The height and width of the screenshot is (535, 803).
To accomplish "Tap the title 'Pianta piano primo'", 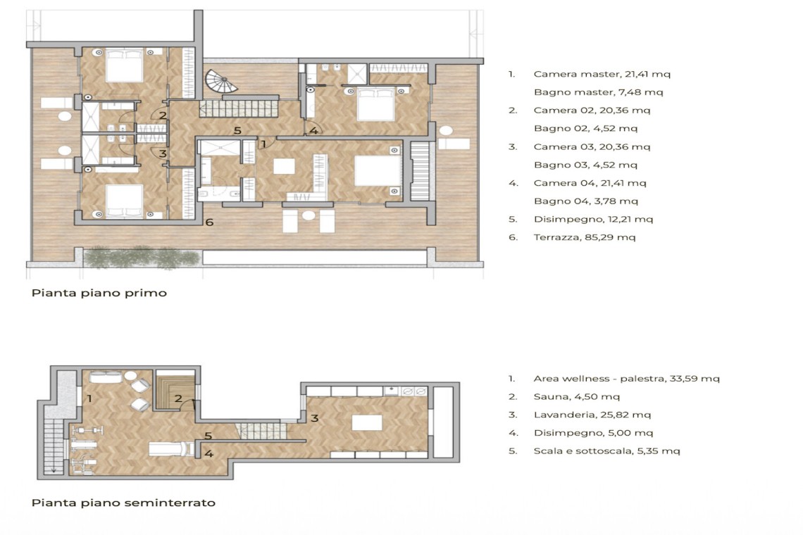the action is tap(99, 294).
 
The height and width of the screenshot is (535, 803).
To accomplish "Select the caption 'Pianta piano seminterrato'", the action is tap(123, 503).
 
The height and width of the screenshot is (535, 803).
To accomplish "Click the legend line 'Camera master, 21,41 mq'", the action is tap(602, 74).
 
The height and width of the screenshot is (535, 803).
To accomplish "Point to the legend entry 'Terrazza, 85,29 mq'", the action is tap(585, 237).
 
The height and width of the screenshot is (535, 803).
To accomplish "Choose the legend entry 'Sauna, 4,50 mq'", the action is tap(577, 397).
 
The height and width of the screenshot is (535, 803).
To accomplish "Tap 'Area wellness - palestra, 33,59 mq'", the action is tap(626, 379).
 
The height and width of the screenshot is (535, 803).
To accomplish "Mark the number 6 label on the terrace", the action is tap(209, 222).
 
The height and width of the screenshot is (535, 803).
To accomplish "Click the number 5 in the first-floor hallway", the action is tap(237, 130).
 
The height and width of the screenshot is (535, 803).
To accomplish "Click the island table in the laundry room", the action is tap(367, 422).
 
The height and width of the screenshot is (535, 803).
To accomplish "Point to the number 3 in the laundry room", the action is tap(314, 417).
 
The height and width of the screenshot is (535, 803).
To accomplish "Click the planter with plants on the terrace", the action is tap(142, 257).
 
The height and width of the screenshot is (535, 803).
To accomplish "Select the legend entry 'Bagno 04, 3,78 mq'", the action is tap(586, 201).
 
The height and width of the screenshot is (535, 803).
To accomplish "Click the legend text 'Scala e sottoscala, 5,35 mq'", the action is tap(607, 451).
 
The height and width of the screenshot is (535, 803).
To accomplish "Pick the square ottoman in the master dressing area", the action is tap(285, 167).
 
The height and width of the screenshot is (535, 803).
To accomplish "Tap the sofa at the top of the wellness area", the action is tap(106, 378).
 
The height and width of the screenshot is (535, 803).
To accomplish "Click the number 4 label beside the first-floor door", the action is tap(313, 130).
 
